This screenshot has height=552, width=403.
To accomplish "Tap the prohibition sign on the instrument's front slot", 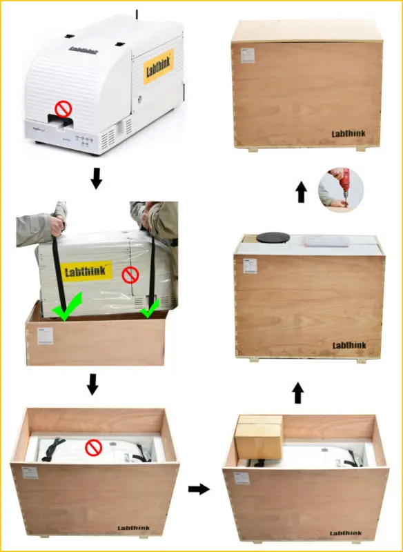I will pos(63,108).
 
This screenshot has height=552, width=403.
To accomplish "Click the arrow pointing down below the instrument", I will pos(97,178).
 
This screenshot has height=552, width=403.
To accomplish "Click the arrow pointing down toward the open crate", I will pos(93,384).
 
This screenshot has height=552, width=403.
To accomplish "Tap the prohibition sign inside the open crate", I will pos(93,448).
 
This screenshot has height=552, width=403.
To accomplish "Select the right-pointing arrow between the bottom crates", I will pos(199,489).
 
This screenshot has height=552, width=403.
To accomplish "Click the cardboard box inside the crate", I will pos(259,436).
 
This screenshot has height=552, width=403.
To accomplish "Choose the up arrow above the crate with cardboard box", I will pos(297,393).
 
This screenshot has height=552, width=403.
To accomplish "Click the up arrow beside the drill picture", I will pos(301,192).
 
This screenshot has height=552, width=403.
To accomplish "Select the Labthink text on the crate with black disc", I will pos(349,345).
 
